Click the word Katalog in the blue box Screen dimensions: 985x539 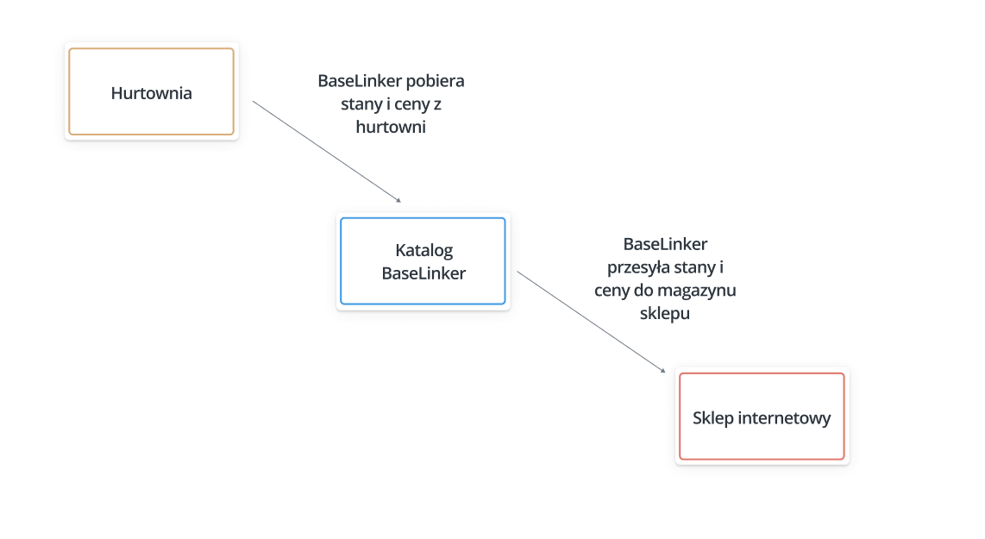coord(424,251)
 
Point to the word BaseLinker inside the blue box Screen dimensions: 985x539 coord(424,273)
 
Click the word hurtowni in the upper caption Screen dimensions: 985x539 coord(391,127)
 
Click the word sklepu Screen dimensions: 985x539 coord(665,313)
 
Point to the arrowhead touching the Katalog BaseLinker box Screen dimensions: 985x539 coord(398,200)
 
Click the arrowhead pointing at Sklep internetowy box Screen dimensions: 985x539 coord(662,371)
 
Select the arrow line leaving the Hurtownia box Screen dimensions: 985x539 coord(327,152)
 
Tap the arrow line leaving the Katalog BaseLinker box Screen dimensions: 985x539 coord(591,322)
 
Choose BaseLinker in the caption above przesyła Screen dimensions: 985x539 coord(665,244)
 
